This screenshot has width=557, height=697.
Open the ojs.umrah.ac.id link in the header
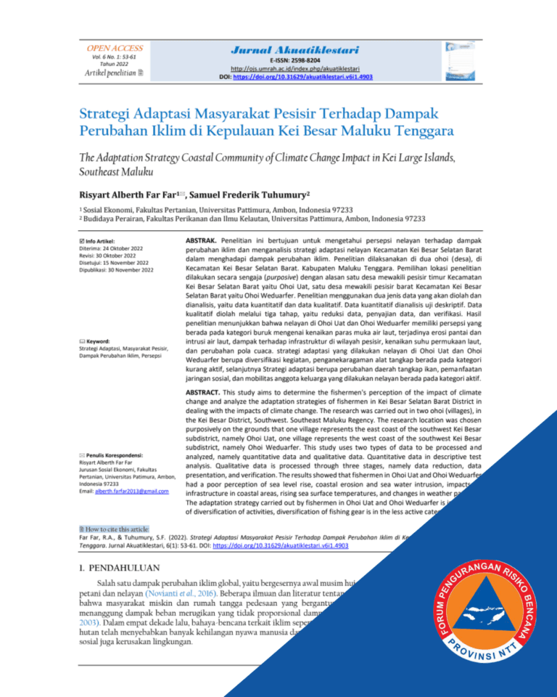tap(296, 69)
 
